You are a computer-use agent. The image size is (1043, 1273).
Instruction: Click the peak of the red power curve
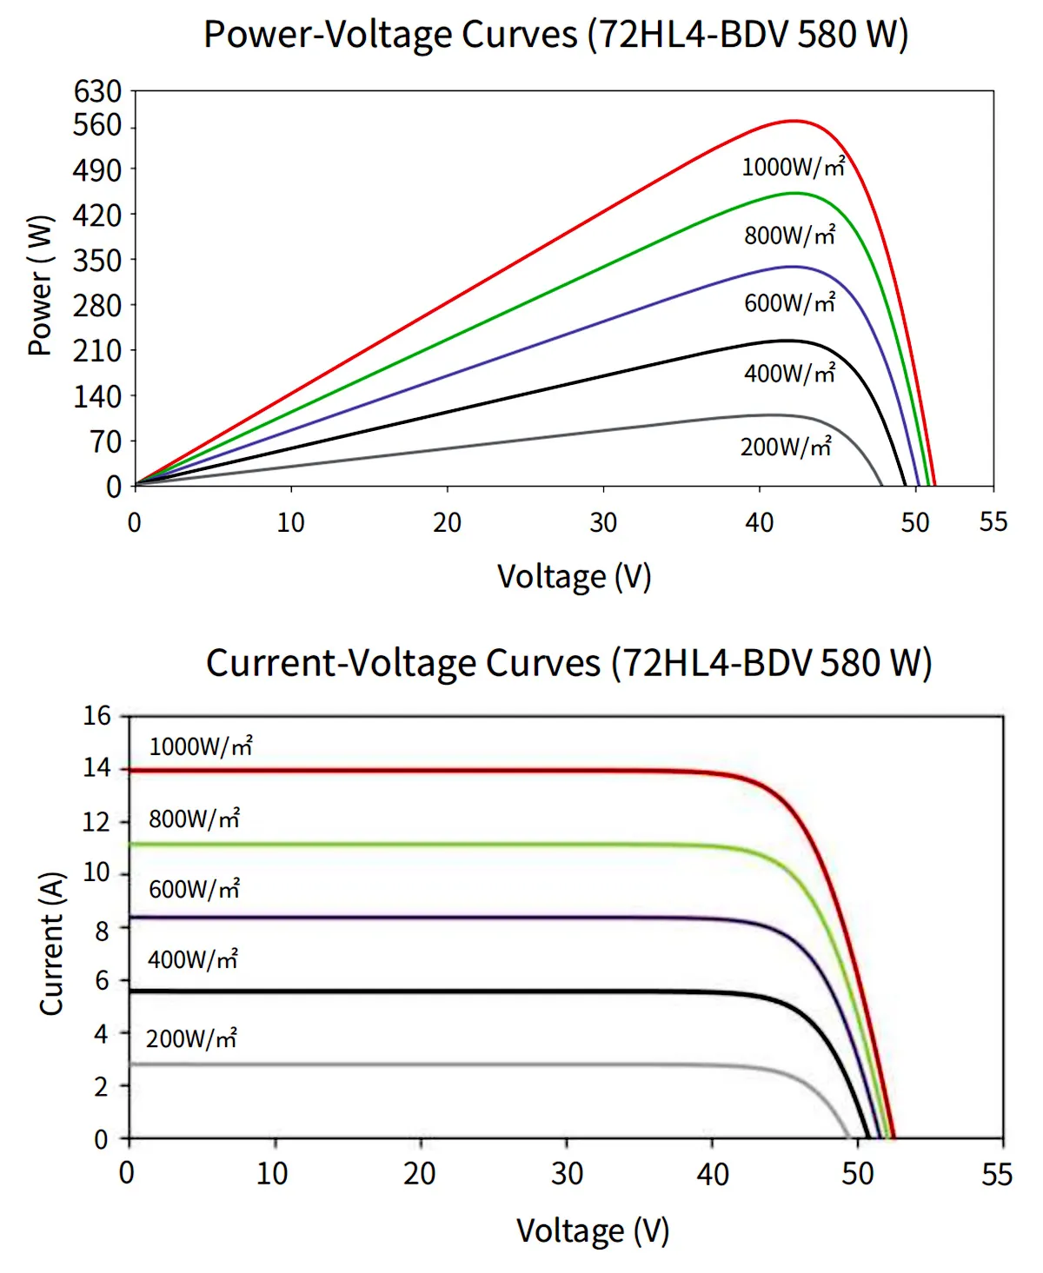click(794, 121)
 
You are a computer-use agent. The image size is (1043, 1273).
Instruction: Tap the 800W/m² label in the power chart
click(789, 235)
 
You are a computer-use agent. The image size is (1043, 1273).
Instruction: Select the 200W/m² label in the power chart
click(786, 447)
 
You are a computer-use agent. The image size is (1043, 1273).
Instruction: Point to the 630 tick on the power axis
click(97, 90)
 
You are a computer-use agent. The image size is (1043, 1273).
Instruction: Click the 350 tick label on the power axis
click(97, 260)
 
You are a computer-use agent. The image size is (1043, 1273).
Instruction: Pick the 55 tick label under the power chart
click(993, 521)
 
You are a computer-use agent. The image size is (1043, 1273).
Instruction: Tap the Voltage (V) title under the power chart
click(574, 577)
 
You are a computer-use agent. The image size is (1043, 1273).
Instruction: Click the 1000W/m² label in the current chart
click(201, 746)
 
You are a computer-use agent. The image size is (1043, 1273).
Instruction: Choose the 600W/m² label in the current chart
click(194, 889)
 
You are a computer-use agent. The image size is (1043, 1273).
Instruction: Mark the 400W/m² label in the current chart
click(192, 959)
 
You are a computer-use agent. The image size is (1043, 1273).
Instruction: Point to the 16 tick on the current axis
click(97, 715)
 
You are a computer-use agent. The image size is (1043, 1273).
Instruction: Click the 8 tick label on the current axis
click(103, 930)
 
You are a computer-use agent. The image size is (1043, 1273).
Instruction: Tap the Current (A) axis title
click(52, 943)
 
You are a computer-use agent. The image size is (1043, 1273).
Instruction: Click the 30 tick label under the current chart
click(567, 1174)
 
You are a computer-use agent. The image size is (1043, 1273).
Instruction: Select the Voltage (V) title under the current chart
click(593, 1230)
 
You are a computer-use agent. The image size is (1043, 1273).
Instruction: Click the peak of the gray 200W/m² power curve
click(769, 415)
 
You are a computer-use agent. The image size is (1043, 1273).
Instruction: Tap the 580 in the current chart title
click(850, 663)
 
